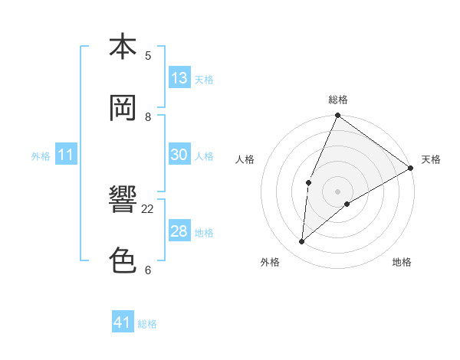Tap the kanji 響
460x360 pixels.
click(x=123, y=200)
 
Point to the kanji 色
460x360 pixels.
click(x=123, y=260)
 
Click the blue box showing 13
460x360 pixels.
click(x=179, y=77)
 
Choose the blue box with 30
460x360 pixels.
click(x=179, y=154)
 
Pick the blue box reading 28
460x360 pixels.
click(x=179, y=231)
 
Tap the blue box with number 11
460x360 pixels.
click(x=66, y=155)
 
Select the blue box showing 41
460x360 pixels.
click(x=123, y=322)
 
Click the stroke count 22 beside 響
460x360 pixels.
click(x=148, y=208)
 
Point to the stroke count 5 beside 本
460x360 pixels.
click(x=148, y=55)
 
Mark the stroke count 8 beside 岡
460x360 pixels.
click(x=148, y=116)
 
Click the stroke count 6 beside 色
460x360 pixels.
click(x=148, y=270)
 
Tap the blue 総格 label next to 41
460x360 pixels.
click(x=147, y=324)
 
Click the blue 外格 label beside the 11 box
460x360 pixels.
click(x=41, y=156)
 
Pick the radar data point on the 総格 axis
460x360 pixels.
click(x=337, y=116)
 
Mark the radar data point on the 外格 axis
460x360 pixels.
click(x=301, y=242)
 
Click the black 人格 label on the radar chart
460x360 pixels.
click(x=245, y=159)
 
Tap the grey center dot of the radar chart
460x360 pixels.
click(x=337, y=191)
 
